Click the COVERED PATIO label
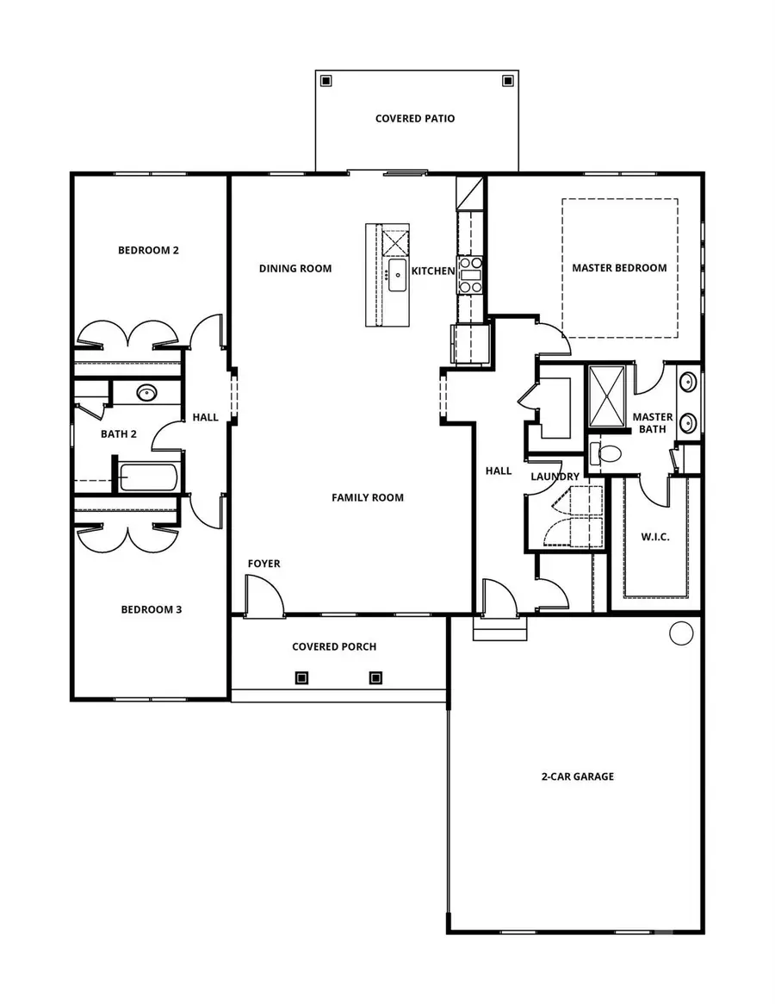point(414,118)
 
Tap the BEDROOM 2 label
point(148,251)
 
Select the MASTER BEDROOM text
point(619,268)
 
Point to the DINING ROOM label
point(295,269)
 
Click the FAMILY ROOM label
point(368,497)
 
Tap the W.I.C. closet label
point(655,537)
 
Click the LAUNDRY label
point(555,477)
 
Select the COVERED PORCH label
point(334,646)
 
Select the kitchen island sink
point(397,277)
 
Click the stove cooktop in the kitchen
point(470,275)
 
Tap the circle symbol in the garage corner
point(681,633)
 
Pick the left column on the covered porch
point(301,677)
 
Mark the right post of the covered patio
point(507,81)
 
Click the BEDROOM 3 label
point(151,610)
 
